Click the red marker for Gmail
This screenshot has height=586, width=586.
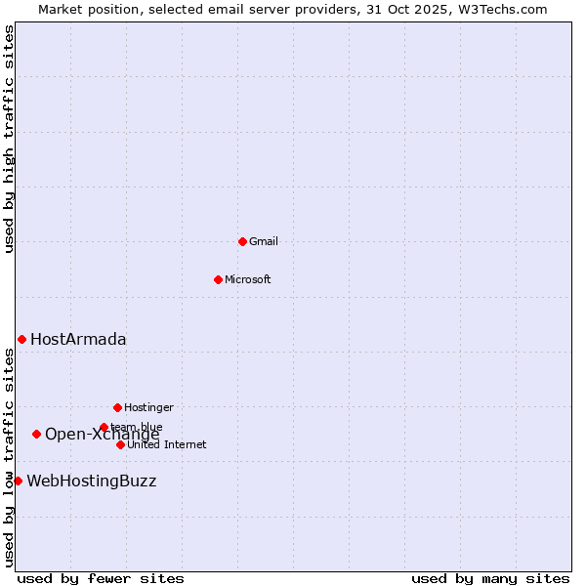242,241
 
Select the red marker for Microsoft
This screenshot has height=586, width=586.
218,279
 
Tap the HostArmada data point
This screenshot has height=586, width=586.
21,339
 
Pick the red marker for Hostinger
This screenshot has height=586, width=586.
117,407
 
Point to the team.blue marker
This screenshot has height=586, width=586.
104,427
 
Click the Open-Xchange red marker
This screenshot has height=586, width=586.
36,434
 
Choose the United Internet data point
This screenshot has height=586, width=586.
120,444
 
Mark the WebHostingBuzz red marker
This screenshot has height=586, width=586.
18,481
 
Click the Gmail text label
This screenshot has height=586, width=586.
264,242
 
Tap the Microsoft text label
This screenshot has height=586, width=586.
247,280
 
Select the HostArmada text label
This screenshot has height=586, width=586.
78,340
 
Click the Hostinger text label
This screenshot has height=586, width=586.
148,408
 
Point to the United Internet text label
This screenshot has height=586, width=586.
166,445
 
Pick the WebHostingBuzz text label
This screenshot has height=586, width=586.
91,481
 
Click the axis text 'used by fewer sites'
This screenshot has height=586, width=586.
101,579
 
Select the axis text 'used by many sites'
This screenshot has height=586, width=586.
490,579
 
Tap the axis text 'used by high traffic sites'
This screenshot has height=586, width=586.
10,140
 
